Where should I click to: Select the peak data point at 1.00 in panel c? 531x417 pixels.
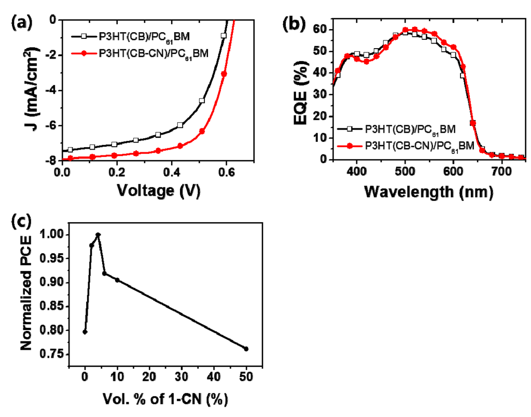tap(97, 235)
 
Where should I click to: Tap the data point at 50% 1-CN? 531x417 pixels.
tap(246, 349)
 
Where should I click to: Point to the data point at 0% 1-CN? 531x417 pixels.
tap(85, 332)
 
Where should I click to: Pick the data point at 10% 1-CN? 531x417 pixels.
tap(117, 280)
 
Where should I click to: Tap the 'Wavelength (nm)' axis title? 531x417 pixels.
tap(428, 192)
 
